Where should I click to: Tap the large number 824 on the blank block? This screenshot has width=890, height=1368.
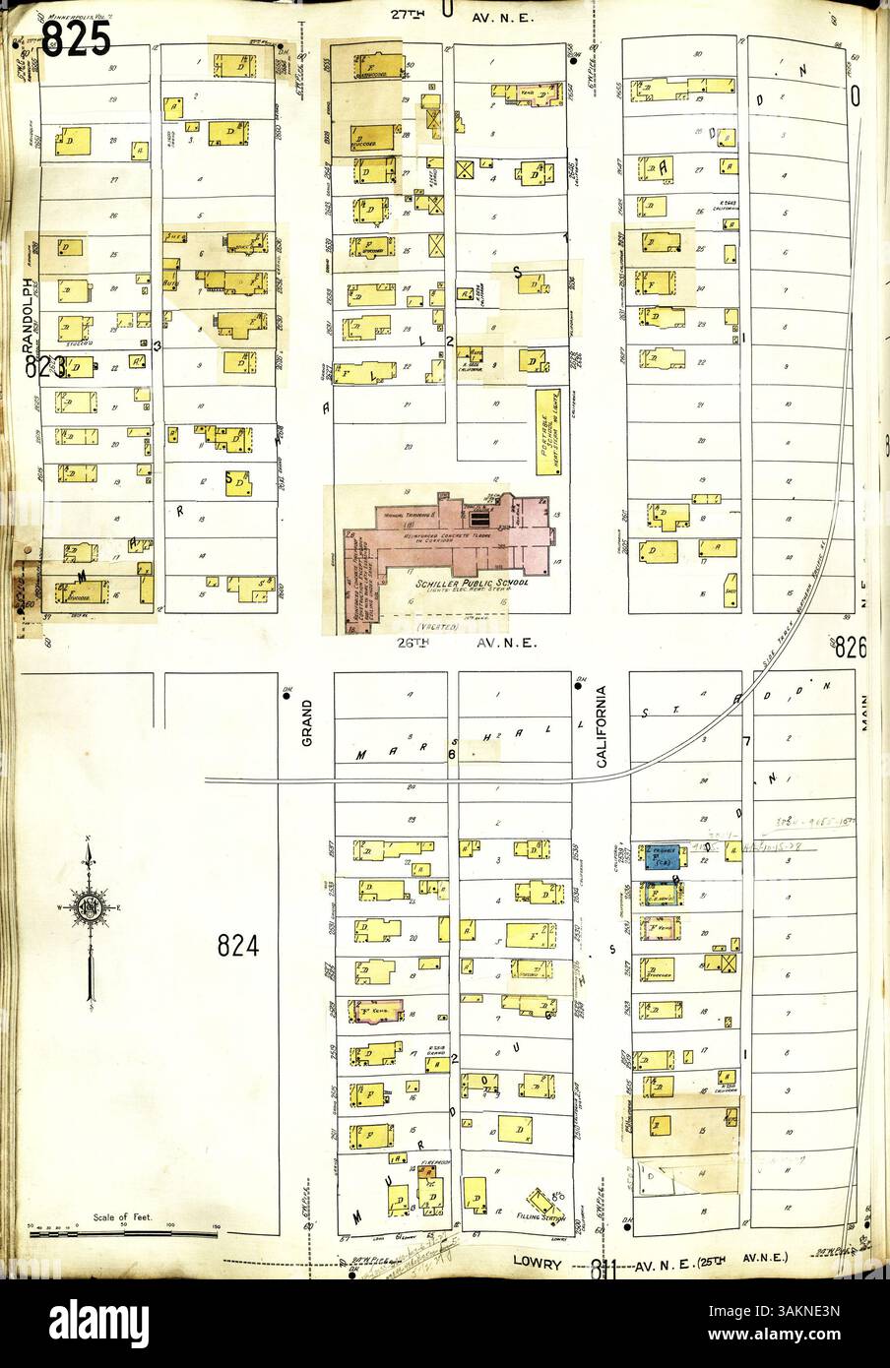click(238, 947)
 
